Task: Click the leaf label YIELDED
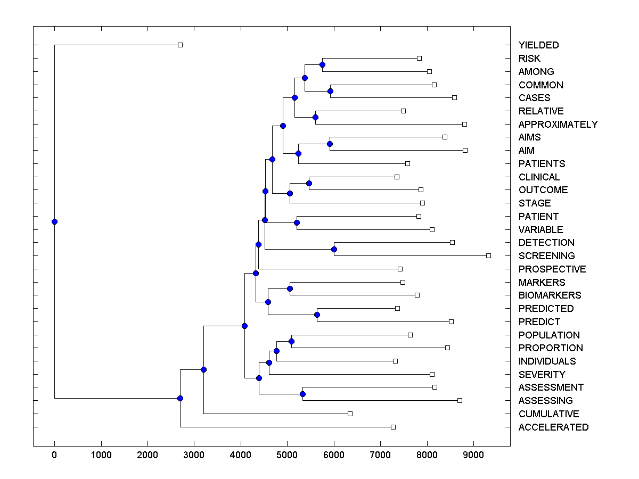[538, 45]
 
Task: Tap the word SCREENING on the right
[546, 256]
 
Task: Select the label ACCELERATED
[553, 427]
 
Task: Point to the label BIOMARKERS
[550, 295]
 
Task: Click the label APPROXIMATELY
[558, 125]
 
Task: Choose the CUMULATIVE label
[548, 414]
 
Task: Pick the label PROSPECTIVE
[552, 269]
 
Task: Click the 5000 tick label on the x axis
[287, 456]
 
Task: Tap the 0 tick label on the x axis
[54, 456]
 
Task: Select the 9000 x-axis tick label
[473, 456]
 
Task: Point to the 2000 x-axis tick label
[148, 456]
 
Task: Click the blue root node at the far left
[54, 221]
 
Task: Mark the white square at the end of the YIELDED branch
[180, 45]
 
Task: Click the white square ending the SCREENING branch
[488, 255]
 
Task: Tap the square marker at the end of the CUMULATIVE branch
[350, 414]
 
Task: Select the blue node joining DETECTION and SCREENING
[334, 249]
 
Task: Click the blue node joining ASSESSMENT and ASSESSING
[302, 394]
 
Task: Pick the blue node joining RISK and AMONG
[322, 64]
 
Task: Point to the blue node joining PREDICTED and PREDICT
[317, 315]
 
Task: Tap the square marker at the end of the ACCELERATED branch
[393, 427]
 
